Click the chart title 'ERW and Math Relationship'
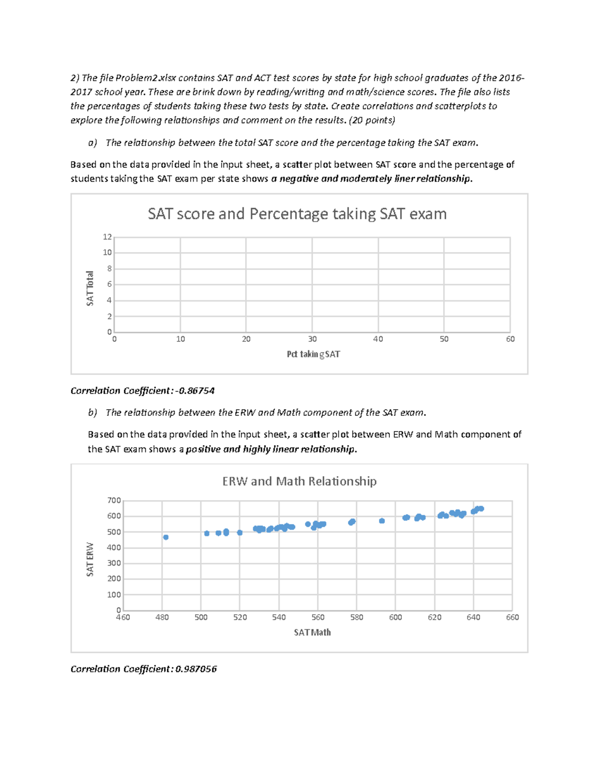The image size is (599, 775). click(299, 481)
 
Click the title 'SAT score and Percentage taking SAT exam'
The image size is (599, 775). click(297, 214)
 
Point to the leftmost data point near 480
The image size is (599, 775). click(166, 537)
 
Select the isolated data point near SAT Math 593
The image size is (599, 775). click(382, 521)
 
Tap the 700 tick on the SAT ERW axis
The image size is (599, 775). click(114, 501)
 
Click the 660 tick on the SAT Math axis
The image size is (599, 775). click(512, 618)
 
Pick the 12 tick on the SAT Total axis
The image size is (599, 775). click(107, 237)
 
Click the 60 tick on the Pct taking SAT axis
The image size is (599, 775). click(510, 339)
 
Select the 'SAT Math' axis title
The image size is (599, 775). click(312, 633)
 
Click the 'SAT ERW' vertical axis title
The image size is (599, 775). click(90, 559)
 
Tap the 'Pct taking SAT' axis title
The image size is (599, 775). click(313, 354)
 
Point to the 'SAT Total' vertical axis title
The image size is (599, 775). click(90, 288)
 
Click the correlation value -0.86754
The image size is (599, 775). click(195, 391)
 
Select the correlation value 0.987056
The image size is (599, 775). click(196, 669)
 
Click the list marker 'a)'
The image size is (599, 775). click(92, 143)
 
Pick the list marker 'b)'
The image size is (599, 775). click(92, 413)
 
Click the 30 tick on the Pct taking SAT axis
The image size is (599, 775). click(312, 339)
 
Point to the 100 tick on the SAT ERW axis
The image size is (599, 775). click(114, 595)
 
